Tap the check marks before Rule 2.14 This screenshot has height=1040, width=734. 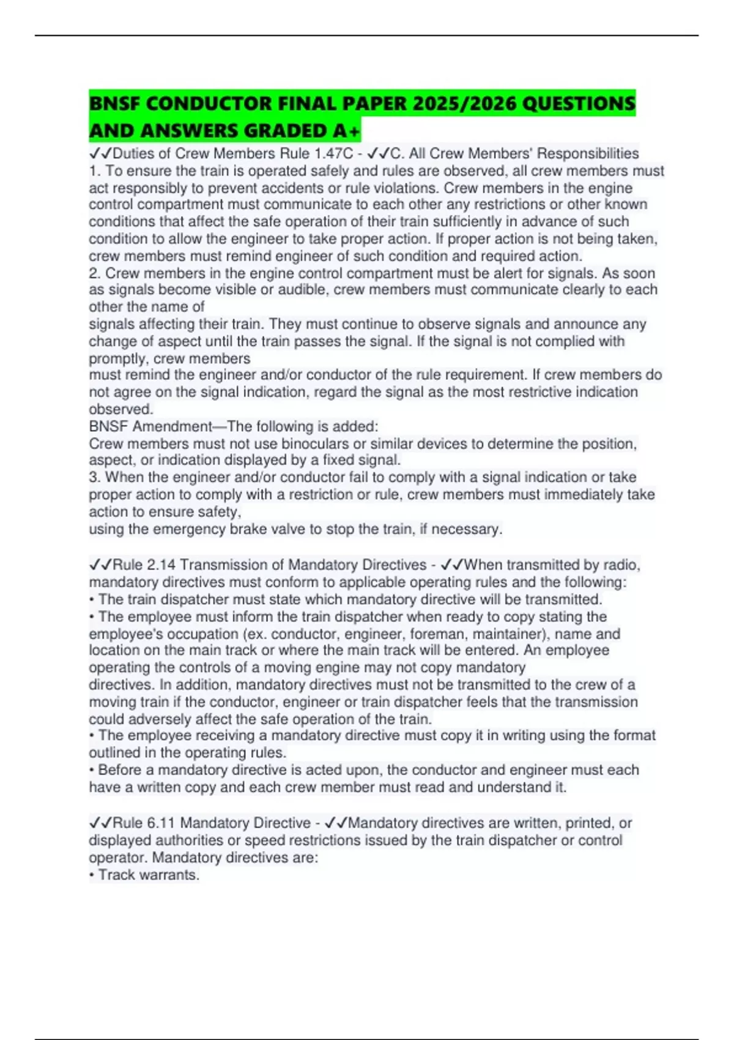tap(100, 565)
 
